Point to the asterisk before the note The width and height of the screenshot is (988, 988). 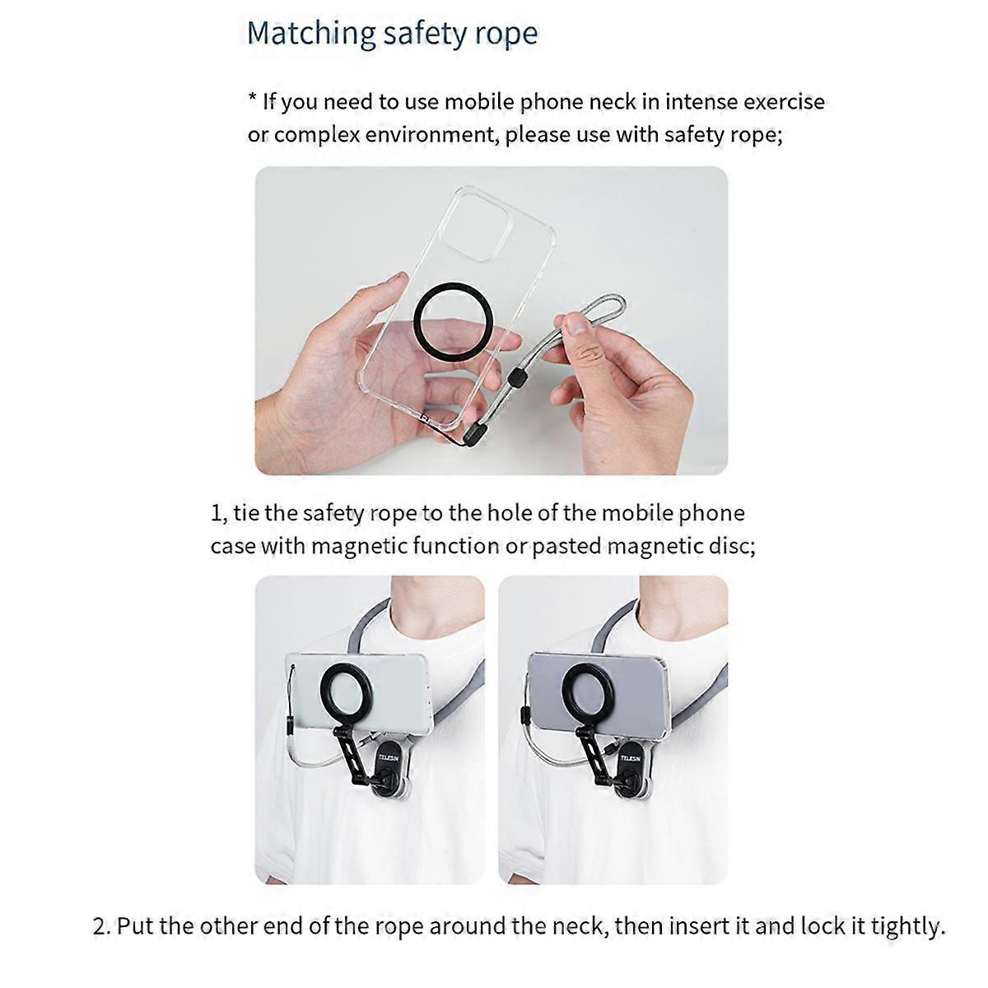(x=252, y=97)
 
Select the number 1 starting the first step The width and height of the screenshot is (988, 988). (x=216, y=513)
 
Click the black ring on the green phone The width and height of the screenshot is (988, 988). (x=344, y=690)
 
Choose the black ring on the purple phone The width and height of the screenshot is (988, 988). (x=586, y=690)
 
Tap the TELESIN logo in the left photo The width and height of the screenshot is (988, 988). (x=388, y=757)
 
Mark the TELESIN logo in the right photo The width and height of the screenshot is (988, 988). (x=630, y=757)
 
